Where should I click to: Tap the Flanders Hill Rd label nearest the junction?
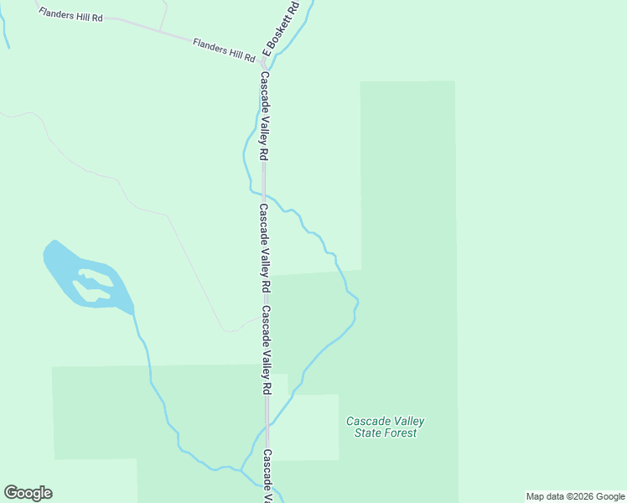[224, 49]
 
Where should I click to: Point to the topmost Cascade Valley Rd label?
[263, 117]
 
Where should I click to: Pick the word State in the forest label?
[365, 433]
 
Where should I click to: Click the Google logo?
[28, 493]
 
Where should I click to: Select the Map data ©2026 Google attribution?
[575, 496]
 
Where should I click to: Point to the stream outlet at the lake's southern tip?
[132, 313]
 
